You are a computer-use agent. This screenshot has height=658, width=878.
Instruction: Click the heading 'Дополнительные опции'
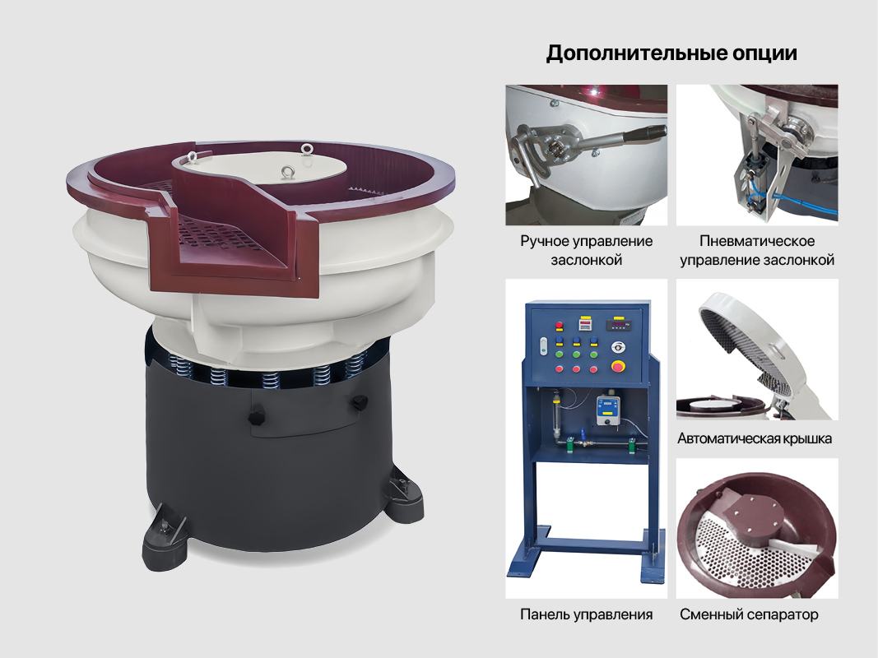click(x=671, y=54)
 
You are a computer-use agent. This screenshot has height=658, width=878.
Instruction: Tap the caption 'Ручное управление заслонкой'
click(x=586, y=251)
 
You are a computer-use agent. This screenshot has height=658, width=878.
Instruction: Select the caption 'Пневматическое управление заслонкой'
click(x=756, y=251)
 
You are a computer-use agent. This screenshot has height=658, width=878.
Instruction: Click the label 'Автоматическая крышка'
click(x=755, y=438)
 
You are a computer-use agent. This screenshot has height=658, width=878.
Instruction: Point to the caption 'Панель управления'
click(x=586, y=614)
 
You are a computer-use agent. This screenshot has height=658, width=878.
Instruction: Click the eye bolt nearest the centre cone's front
click(x=288, y=173)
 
